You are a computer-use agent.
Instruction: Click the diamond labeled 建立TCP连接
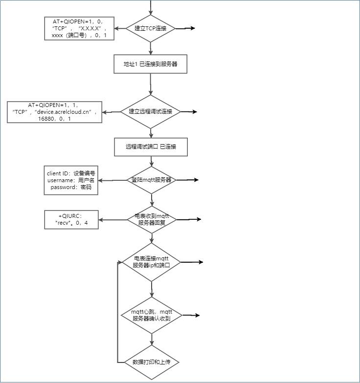tap(151, 28)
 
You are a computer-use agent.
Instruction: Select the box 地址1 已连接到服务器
tap(151, 64)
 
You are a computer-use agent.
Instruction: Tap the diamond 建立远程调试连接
tap(151, 111)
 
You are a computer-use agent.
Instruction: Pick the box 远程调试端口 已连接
tap(151, 147)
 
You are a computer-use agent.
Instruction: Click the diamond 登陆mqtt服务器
tap(152, 180)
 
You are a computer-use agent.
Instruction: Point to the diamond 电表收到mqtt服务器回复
tap(152, 219)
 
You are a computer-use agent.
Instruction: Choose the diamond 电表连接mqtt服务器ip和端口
tap(152, 262)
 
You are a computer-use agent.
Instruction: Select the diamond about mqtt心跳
tap(152, 315)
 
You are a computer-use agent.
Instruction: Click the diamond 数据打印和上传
tap(152, 362)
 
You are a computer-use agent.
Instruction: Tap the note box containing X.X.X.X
tap(79, 28)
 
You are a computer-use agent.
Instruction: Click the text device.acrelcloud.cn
tap(63, 112)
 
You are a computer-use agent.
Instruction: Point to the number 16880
tap(46, 119)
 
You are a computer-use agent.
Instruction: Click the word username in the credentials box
tap(61, 180)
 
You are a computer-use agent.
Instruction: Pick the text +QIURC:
tap(70, 216)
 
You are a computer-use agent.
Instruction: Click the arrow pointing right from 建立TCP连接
tap(185, 28)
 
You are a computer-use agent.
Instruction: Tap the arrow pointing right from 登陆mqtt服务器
tap(187, 180)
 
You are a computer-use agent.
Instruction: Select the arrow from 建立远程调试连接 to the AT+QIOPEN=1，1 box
tap(112, 112)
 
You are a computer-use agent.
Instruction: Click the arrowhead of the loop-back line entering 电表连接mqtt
tap(120, 262)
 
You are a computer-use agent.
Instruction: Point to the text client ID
tap(58, 173)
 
